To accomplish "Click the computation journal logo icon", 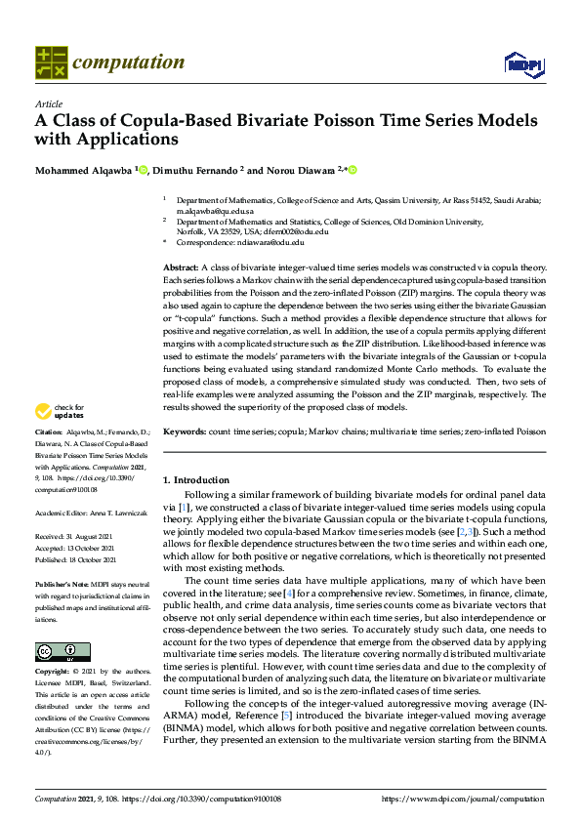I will (51, 62).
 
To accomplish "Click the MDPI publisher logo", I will (518, 64).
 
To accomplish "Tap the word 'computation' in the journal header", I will (129, 62).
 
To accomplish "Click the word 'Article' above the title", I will (48, 103).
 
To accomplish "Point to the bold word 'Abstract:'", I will (181, 267).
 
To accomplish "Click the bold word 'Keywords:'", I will (185, 431).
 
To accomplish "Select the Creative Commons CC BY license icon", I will (62, 651).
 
